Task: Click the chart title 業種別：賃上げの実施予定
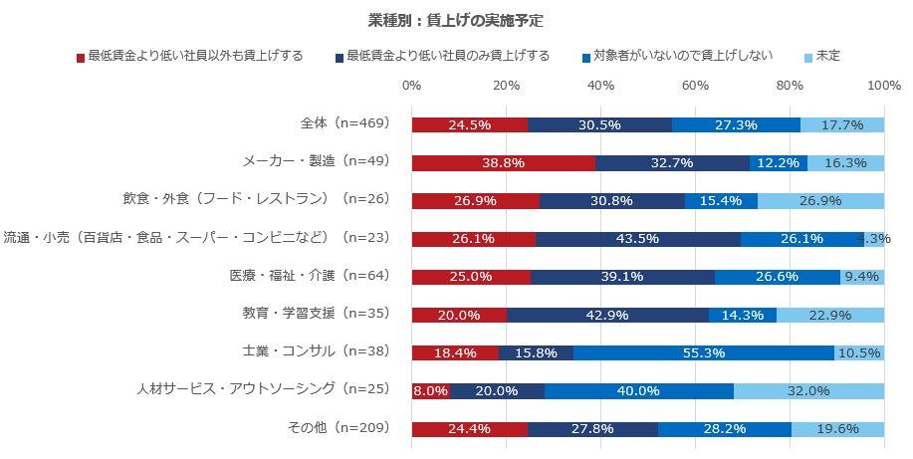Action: tap(455, 20)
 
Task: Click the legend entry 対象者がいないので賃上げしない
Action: tap(683, 56)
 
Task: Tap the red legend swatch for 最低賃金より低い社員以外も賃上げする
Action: tap(81, 57)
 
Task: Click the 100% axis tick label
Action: tap(884, 87)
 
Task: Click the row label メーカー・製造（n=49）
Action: tap(316, 161)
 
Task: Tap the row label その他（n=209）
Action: tap(339, 429)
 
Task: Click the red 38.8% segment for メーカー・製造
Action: tap(503, 162)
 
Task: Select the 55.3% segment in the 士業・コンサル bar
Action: tap(704, 352)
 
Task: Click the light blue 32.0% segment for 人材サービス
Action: tap(808, 390)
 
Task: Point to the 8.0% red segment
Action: tap(430, 390)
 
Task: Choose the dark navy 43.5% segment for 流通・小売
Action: tap(637, 238)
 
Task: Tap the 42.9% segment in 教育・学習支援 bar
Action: tap(607, 315)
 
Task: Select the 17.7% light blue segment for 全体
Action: tap(842, 124)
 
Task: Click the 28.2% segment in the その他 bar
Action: tap(725, 429)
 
